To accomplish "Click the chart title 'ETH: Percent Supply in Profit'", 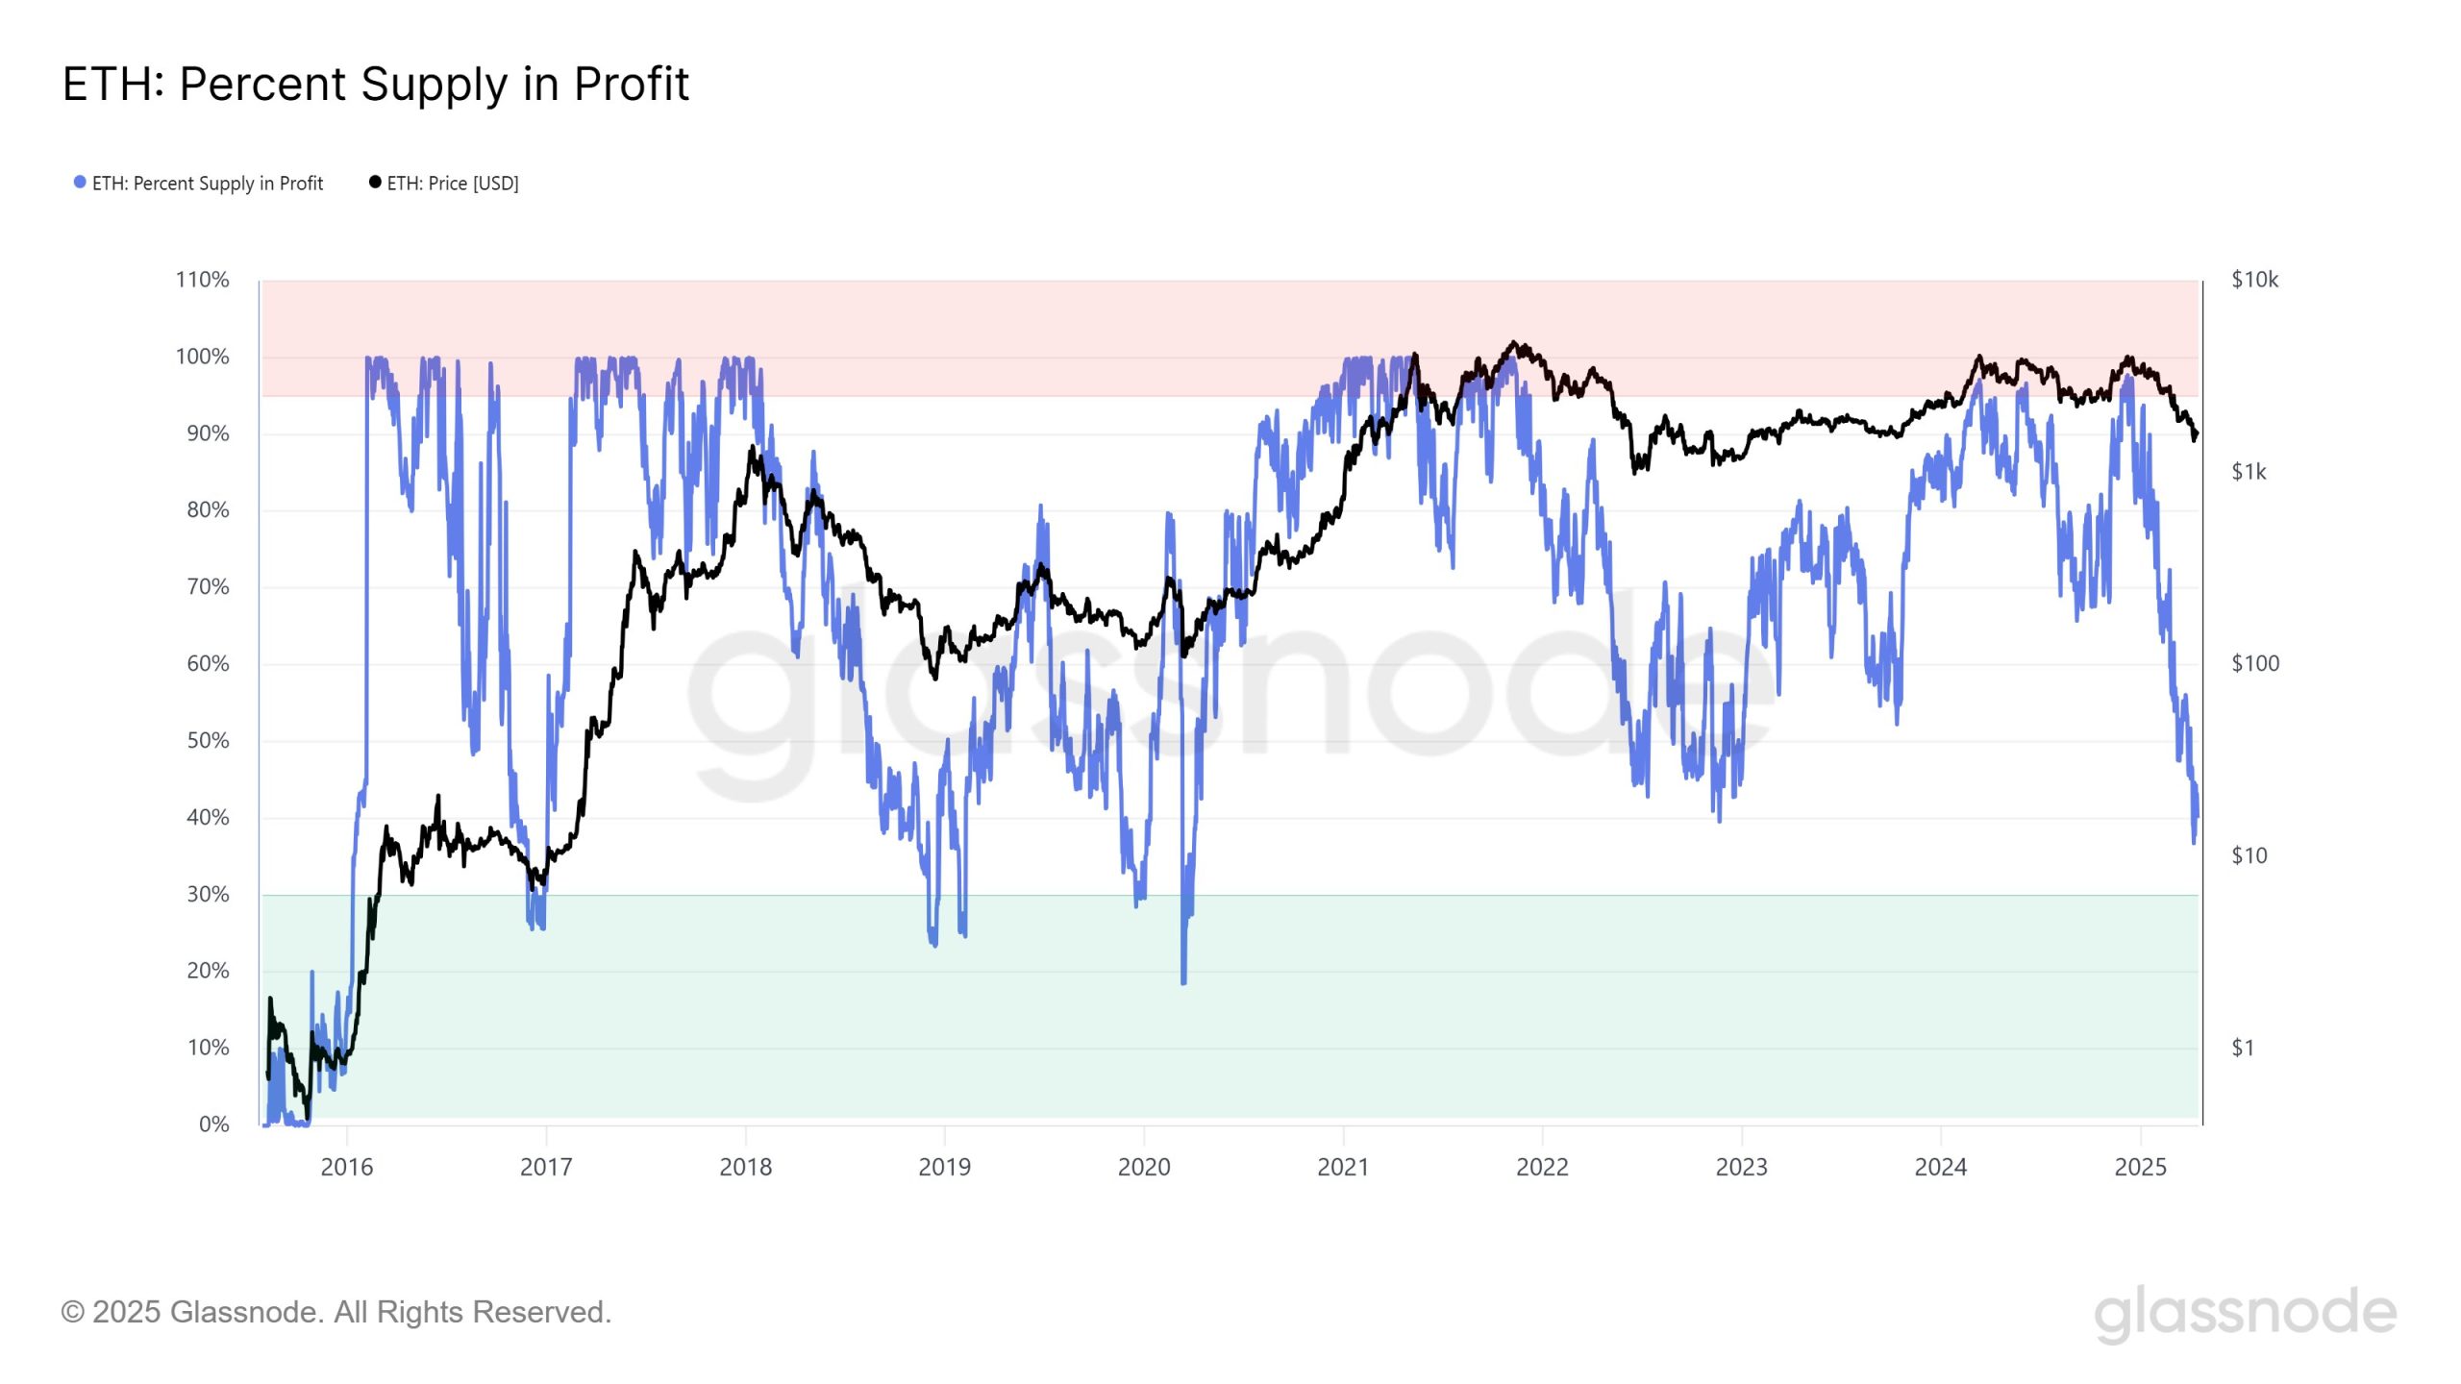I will click(375, 85).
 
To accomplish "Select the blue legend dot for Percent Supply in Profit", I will click(80, 183).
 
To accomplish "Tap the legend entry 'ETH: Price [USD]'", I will click(452, 184).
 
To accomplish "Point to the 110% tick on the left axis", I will click(202, 280).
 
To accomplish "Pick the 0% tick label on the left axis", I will click(213, 1124).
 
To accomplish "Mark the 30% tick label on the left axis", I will click(208, 895).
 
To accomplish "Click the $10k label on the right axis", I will click(2254, 280).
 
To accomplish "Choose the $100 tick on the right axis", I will click(2254, 663).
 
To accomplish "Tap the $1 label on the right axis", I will click(2242, 1048).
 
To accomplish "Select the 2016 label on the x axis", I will click(346, 1168).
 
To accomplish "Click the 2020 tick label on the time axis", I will click(1144, 1168).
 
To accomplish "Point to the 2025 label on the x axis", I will click(2140, 1168).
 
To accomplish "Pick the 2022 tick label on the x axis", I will click(1542, 1168).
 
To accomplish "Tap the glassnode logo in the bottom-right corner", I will click(2245, 1313).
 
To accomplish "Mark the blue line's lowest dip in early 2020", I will click(1183, 982).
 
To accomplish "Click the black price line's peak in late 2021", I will click(1514, 342).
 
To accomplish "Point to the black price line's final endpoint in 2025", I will click(2197, 434).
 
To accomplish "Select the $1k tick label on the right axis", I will click(2249, 472).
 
